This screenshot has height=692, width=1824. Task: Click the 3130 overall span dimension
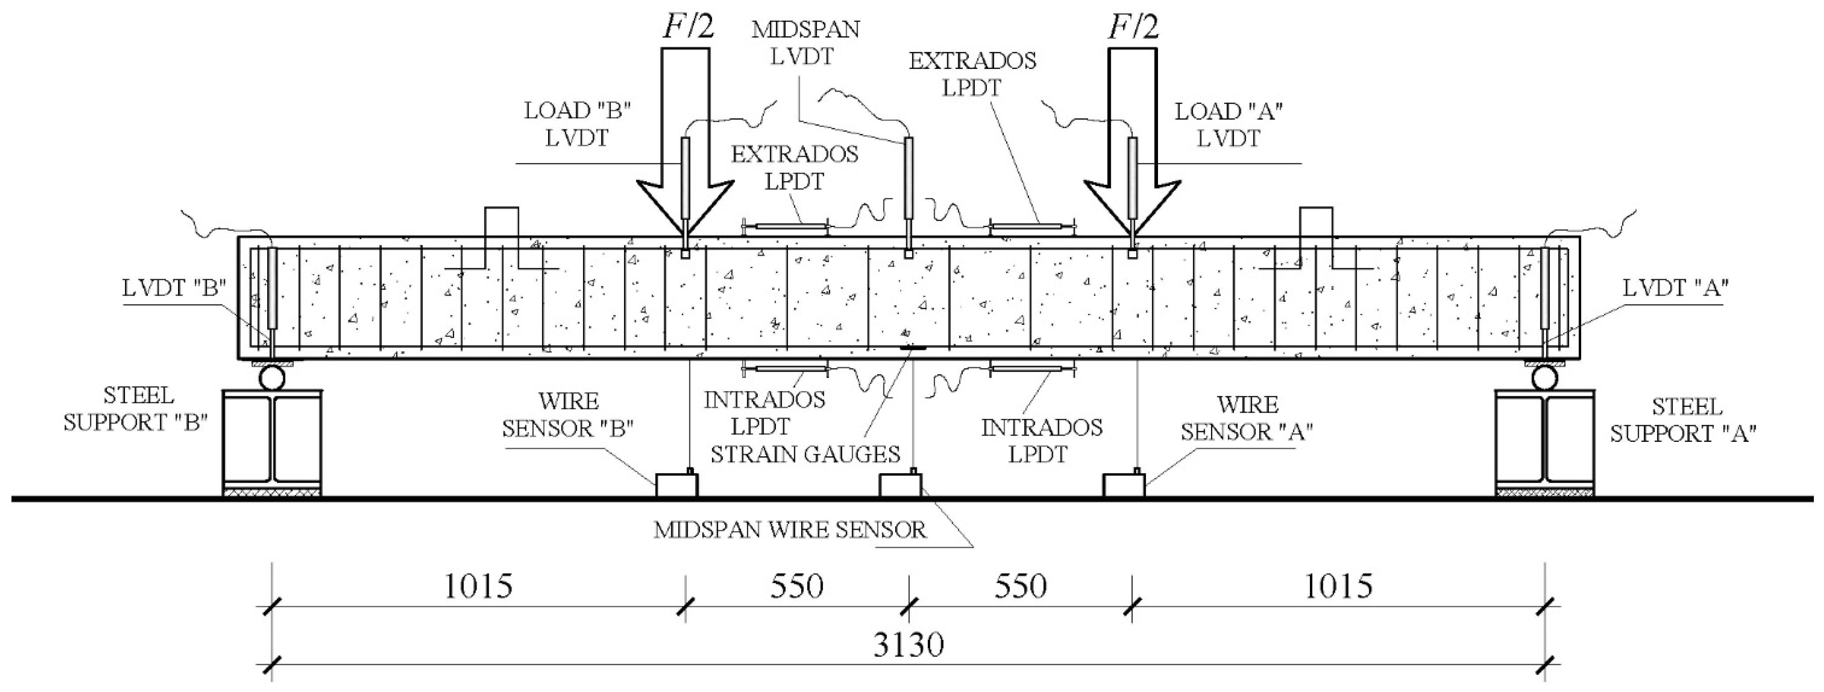(x=908, y=645)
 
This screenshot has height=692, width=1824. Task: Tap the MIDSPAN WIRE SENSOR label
(x=790, y=531)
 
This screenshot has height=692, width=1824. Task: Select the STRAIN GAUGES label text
(x=805, y=454)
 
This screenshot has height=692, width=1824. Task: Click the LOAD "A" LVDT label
(x=1229, y=125)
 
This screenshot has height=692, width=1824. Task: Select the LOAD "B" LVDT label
(x=577, y=124)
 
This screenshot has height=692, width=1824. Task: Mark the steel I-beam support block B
(x=272, y=443)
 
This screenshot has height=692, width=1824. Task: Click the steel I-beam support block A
(x=1544, y=443)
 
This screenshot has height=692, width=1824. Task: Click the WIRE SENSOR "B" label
(x=568, y=415)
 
